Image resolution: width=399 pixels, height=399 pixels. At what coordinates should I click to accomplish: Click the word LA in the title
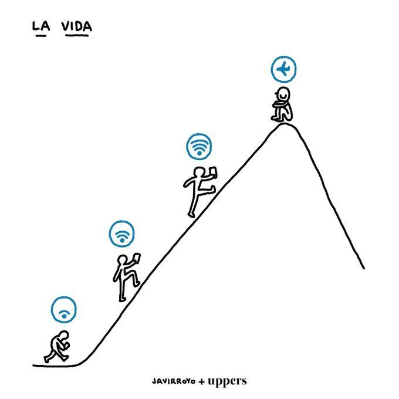(x=41, y=26)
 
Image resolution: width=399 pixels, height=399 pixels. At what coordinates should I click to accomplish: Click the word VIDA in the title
(x=77, y=26)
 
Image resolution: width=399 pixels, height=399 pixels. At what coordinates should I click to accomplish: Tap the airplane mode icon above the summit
(x=283, y=69)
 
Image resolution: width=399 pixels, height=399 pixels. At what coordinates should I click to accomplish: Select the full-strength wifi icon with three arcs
(x=199, y=147)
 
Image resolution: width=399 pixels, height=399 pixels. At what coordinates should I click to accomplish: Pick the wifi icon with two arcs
(x=121, y=234)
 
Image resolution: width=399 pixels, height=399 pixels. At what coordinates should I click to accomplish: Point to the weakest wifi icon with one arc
(x=63, y=310)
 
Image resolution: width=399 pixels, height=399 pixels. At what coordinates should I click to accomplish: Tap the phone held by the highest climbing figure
(x=212, y=172)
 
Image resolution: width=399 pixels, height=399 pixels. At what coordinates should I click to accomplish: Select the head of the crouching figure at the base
(x=63, y=336)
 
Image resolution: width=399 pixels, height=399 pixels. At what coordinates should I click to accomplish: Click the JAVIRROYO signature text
(x=174, y=381)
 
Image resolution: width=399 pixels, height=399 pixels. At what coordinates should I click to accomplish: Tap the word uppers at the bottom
(x=227, y=381)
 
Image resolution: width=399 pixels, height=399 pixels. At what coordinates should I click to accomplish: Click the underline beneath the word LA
(x=41, y=36)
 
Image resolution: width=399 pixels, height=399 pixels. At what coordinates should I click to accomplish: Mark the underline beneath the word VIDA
(x=77, y=36)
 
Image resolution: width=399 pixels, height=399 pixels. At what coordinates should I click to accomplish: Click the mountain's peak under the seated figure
(x=285, y=124)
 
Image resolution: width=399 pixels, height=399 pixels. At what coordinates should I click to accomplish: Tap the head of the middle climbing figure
(x=123, y=260)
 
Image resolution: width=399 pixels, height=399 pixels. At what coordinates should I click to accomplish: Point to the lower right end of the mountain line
(x=364, y=268)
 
